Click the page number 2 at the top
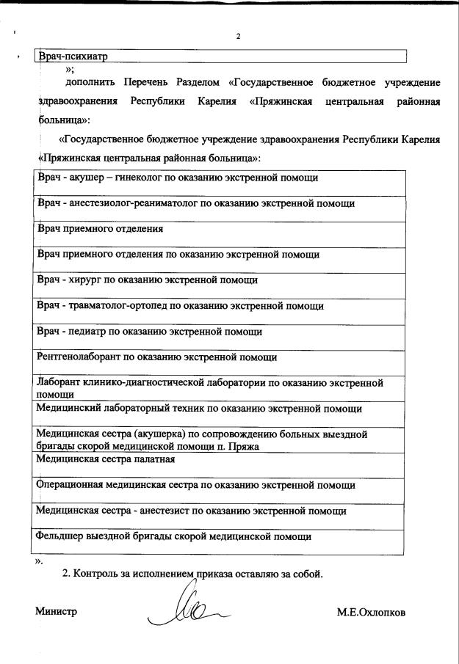237,36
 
